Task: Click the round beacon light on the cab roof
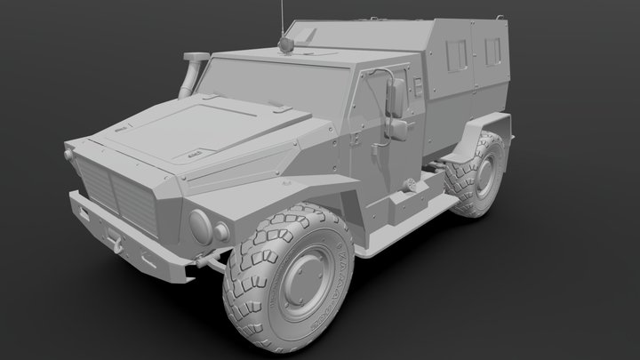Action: point(287,42)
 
